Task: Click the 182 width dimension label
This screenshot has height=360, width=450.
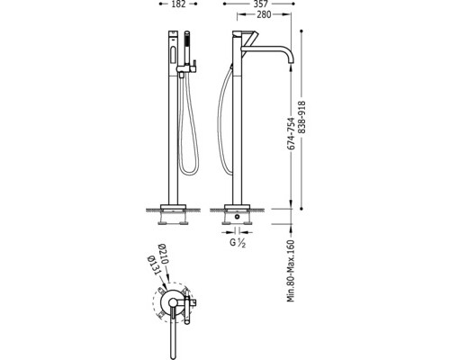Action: click(179, 4)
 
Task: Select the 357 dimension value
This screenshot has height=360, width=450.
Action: click(260, 4)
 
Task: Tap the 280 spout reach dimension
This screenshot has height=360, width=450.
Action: click(264, 14)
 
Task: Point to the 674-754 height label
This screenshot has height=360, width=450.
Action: click(291, 133)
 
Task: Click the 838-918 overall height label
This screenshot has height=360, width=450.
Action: click(302, 117)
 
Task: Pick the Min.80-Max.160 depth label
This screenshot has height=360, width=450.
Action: click(291, 271)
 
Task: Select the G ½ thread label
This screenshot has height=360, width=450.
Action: click(238, 243)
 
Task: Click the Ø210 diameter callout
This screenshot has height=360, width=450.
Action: click(164, 254)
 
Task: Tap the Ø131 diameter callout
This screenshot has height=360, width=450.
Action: click(153, 265)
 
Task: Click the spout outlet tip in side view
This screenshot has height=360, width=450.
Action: click(291, 62)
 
